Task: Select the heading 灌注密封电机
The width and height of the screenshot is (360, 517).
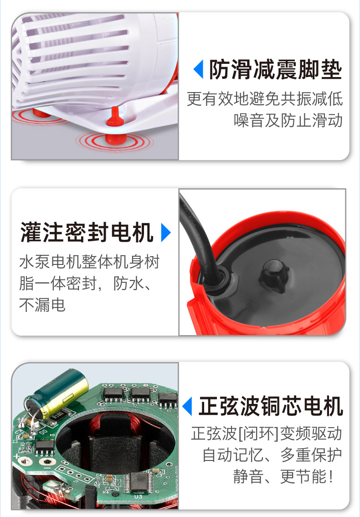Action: click(87, 233)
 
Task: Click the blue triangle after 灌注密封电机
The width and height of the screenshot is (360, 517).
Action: click(166, 233)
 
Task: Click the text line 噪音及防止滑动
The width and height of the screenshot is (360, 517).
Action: click(288, 120)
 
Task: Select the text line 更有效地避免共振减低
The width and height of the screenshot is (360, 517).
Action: click(265, 99)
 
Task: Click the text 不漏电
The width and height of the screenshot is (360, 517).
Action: click(42, 304)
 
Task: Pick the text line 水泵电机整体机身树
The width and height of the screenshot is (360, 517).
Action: click(89, 262)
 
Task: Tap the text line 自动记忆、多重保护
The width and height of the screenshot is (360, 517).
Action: click(272, 455)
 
